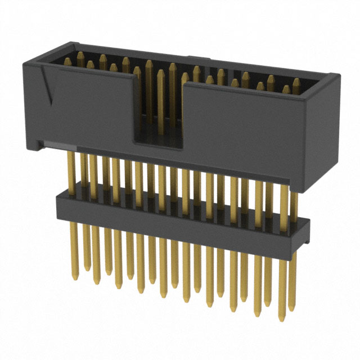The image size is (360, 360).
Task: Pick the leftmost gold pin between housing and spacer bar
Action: point(71,169)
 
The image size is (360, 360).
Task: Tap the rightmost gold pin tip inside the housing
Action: point(296,83)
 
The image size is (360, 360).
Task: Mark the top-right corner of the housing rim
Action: point(338,75)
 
